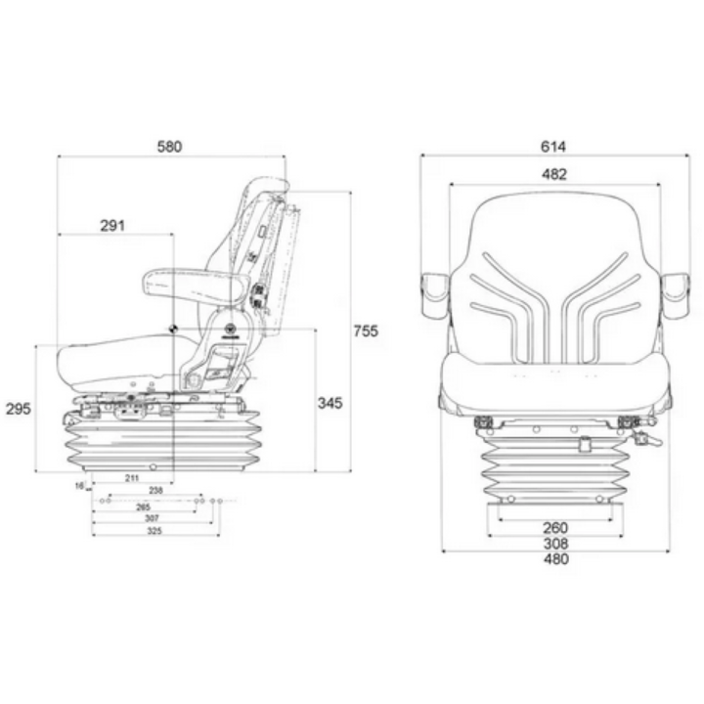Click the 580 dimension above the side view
(x=169, y=147)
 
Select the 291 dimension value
(x=113, y=226)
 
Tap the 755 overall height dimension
(x=365, y=331)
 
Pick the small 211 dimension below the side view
(x=131, y=477)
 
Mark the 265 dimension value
(x=144, y=507)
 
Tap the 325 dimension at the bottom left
(x=154, y=532)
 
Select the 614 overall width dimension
(x=552, y=147)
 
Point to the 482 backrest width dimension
(x=553, y=175)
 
